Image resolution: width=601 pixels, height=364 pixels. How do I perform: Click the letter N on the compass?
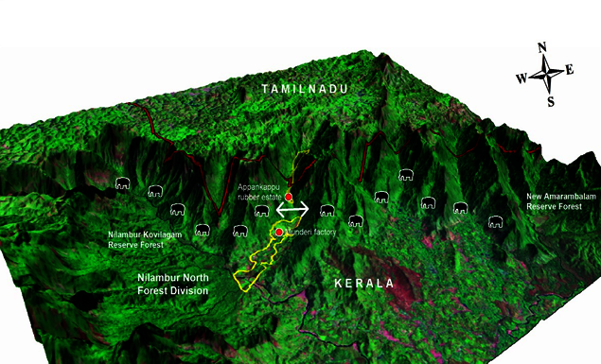point(542,48)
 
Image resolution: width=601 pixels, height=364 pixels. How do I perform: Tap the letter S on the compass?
point(548,100)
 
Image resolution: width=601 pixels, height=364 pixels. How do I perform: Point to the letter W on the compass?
point(521,78)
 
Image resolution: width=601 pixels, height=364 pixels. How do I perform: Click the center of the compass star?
point(545,74)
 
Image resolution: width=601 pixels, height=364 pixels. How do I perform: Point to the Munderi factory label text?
point(311,231)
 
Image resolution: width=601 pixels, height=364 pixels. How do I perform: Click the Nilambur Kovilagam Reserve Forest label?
point(141,240)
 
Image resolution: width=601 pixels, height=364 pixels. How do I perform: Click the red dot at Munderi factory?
point(279,232)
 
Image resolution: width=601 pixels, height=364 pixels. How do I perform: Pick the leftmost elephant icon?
point(122,183)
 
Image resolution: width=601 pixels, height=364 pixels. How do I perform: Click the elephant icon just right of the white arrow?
point(327,210)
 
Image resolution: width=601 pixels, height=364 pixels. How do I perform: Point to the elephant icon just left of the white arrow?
point(261,211)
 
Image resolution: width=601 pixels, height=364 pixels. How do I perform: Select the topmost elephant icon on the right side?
point(406,175)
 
